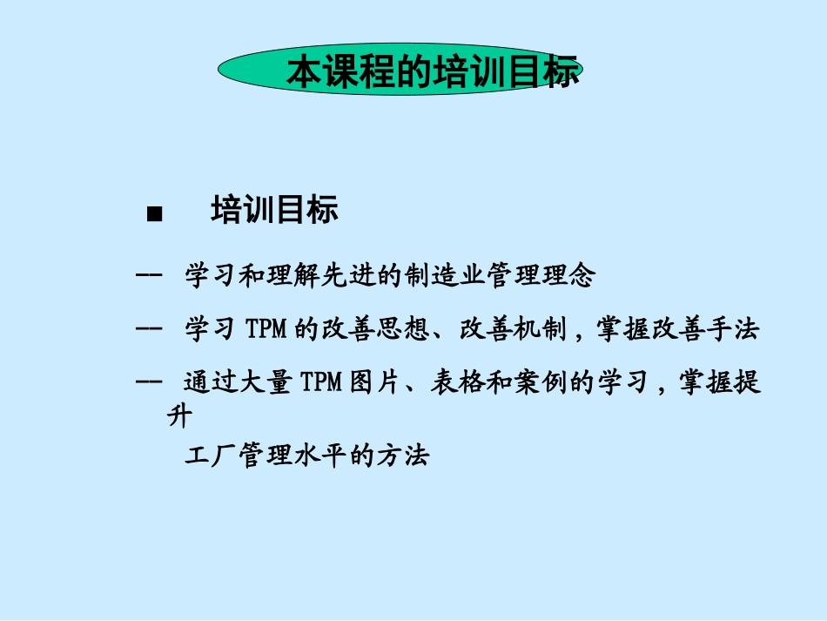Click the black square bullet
[x=155, y=215]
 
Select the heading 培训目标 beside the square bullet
[x=274, y=211]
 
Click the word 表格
[x=458, y=383]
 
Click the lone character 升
[x=178, y=415]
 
